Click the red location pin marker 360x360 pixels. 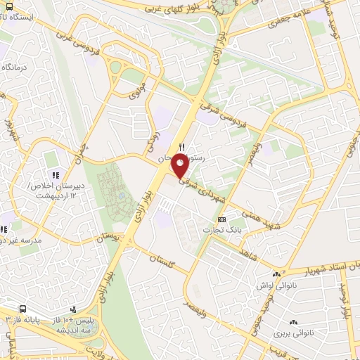(x=181, y=166)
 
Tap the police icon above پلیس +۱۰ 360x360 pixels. (x=72, y=310)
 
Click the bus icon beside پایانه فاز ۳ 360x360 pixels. (x=24, y=309)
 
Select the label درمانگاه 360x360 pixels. (x=15, y=67)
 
